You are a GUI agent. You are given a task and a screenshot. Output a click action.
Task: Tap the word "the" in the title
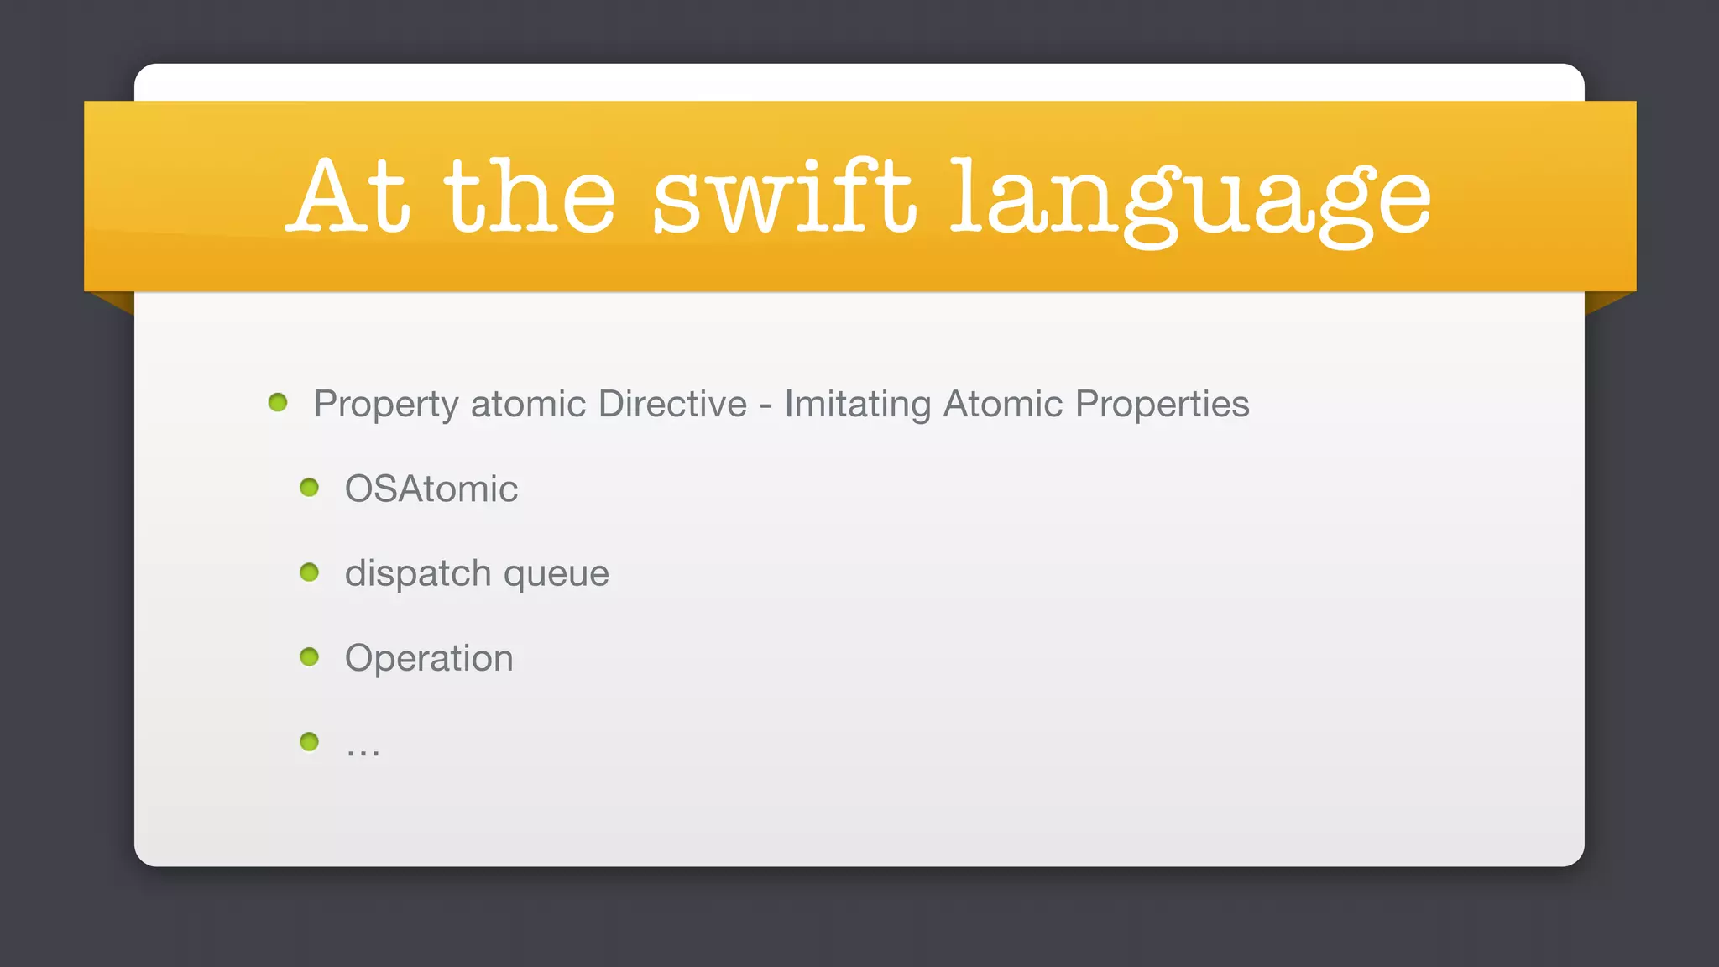[530, 196]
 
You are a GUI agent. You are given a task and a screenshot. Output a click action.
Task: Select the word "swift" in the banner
[782, 196]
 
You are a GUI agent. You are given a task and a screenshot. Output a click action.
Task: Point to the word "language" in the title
[1190, 201]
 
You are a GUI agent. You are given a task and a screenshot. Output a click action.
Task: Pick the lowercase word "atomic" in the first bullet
[528, 405]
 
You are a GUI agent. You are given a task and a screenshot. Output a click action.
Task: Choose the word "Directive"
[672, 405]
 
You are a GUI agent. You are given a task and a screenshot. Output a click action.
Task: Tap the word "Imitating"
[858, 405]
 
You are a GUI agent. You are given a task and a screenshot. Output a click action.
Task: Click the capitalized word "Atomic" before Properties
[1003, 405]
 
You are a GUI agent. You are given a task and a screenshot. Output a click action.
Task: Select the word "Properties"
[1162, 405]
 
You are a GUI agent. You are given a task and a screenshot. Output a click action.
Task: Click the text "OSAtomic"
[431, 489]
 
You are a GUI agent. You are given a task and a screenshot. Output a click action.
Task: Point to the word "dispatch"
[418, 574]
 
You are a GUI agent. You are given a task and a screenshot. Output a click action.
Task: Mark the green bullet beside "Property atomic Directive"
[278, 403]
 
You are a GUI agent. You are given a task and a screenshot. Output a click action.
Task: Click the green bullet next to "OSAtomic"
[310, 488]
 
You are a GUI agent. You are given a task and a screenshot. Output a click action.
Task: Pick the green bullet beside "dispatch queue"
[310, 572]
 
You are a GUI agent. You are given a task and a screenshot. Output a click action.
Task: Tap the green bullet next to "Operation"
[310, 656]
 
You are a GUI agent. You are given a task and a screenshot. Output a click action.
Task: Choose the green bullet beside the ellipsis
[310, 742]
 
